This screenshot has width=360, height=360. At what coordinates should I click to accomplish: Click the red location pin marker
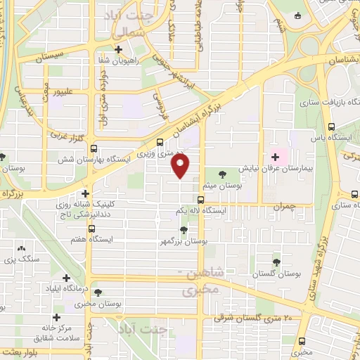[x=181, y=166]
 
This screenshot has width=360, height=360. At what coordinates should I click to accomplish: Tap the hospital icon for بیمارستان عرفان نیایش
[x=275, y=157]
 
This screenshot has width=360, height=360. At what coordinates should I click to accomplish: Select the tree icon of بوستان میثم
[x=223, y=174]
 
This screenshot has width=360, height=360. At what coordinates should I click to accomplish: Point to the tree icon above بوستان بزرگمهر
[x=184, y=229]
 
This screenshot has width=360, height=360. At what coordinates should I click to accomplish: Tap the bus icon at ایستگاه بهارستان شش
[x=94, y=148]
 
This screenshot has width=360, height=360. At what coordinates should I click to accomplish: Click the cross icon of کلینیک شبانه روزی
[x=85, y=193]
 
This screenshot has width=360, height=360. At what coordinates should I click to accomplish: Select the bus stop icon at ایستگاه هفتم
[x=91, y=229]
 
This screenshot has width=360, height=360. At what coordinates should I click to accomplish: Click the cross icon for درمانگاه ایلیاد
[x=66, y=278]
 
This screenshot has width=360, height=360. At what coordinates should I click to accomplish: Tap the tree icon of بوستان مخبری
[x=98, y=292]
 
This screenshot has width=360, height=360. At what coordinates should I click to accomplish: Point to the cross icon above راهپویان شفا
[x=118, y=49]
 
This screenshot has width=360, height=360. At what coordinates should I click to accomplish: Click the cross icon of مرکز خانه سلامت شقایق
[x=56, y=317]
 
